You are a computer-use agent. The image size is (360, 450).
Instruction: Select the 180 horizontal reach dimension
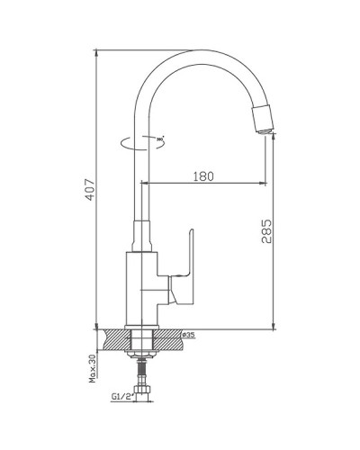(x=204, y=177)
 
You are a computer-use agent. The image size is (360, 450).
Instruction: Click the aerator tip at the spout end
(x=264, y=119)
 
